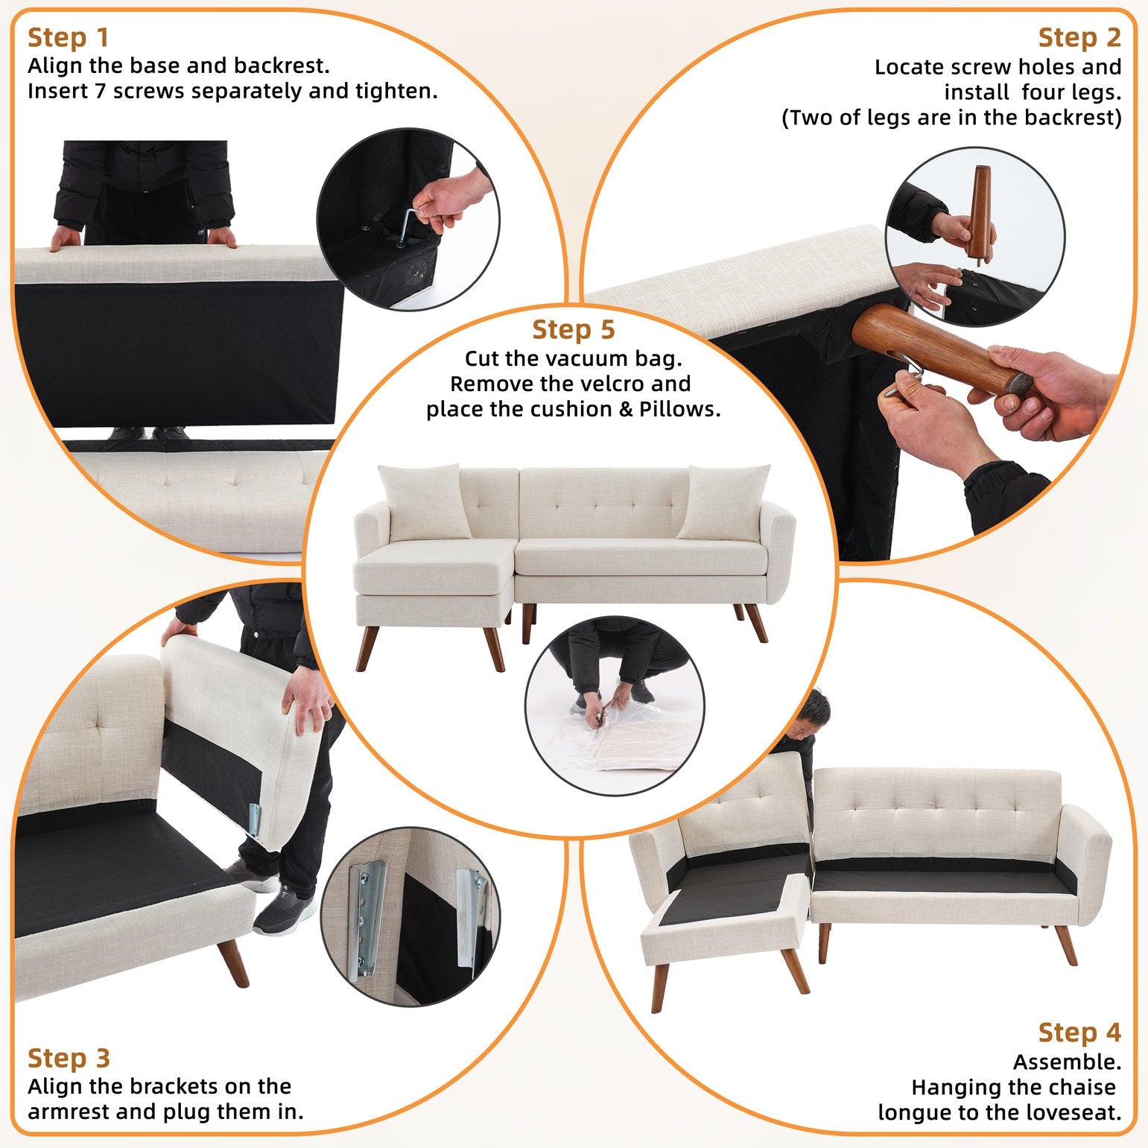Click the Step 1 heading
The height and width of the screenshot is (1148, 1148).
pos(69,37)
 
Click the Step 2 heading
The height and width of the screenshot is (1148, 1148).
pos(1079,37)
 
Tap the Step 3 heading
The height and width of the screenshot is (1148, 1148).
pos(69,1058)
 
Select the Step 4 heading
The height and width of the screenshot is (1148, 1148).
pos(1079,1033)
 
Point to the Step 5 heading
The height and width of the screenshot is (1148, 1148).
pos(574,329)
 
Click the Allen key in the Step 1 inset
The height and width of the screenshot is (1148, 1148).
pos(407,223)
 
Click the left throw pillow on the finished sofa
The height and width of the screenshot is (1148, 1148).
pos(425,501)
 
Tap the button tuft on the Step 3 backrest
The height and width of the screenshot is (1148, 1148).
pos(100,724)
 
